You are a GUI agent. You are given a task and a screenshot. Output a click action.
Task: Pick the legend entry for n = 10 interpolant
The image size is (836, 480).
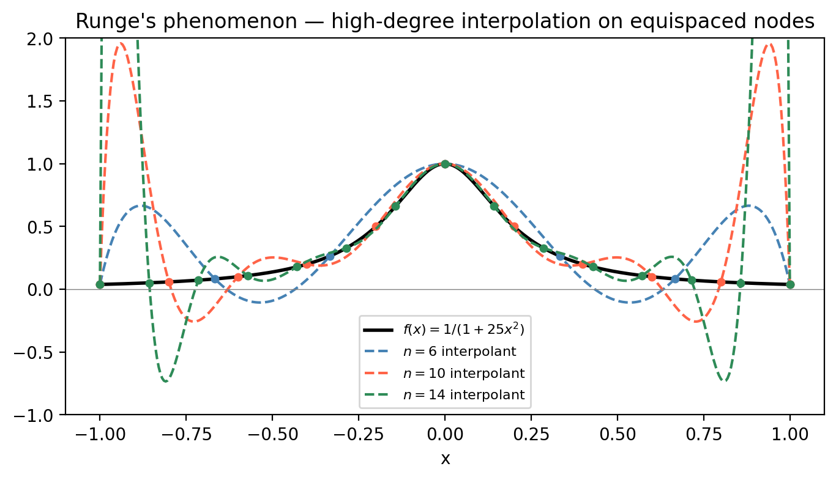[x=463, y=373]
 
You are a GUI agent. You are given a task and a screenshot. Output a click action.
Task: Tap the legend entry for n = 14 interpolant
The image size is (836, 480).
[x=463, y=395]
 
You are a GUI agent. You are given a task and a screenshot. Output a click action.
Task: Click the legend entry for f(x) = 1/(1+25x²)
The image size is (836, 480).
[x=463, y=330]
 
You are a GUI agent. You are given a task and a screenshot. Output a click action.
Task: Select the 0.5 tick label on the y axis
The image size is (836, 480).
[x=47, y=227]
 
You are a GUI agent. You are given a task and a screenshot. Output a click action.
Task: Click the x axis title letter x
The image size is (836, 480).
[x=445, y=459]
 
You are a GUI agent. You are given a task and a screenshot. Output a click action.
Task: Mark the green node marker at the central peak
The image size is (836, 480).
[x=445, y=164]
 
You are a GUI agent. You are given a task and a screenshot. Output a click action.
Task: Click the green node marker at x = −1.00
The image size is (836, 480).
[x=100, y=285]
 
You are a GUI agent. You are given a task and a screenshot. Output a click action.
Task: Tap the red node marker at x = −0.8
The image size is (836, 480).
[x=169, y=282]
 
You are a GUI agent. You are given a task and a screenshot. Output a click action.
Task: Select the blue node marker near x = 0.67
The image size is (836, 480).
[x=675, y=279]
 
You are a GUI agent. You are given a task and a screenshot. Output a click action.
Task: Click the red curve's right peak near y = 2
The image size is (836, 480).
[x=769, y=44]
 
